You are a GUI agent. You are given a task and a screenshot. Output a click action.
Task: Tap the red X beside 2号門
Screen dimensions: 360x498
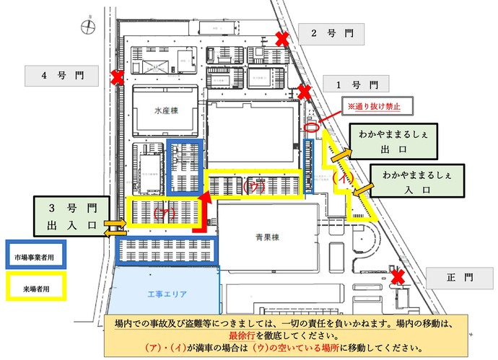click(x=283, y=38)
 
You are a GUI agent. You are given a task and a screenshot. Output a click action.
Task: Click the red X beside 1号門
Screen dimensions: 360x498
click(x=305, y=92)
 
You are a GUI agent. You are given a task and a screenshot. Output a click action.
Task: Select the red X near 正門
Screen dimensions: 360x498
click(x=397, y=277)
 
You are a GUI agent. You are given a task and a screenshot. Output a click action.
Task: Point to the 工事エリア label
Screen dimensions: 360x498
click(x=167, y=294)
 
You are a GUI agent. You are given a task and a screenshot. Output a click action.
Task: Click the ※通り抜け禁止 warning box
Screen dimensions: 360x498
click(x=374, y=107)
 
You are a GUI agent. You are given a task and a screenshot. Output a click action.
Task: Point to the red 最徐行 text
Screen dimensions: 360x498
click(x=244, y=335)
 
